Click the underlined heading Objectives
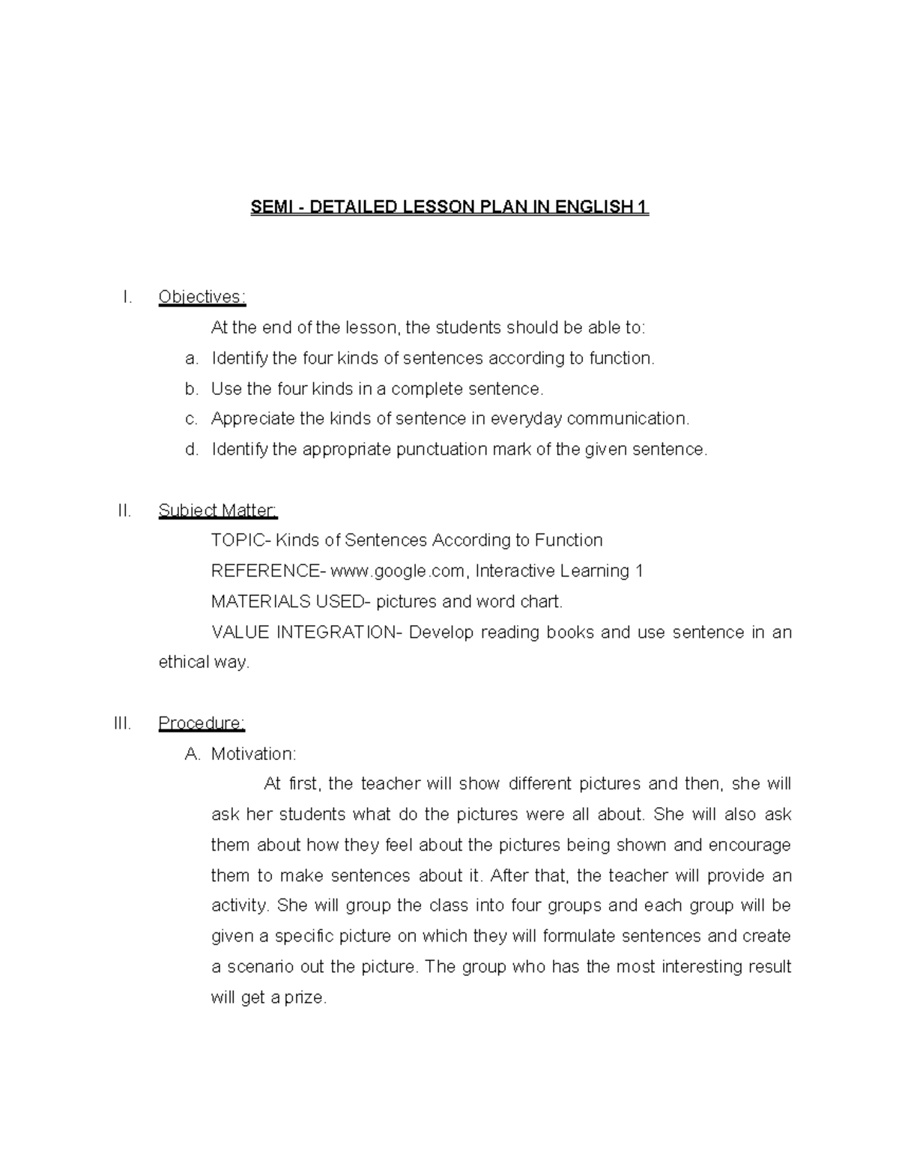point(202,297)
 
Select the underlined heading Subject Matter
point(217,510)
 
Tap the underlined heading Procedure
point(202,723)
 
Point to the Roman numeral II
point(124,510)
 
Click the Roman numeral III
point(122,723)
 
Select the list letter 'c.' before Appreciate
point(192,419)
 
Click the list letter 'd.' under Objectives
point(192,450)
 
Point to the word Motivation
point(252,754)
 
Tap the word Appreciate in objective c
point(252,419)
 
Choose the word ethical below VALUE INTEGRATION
point(182,663)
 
